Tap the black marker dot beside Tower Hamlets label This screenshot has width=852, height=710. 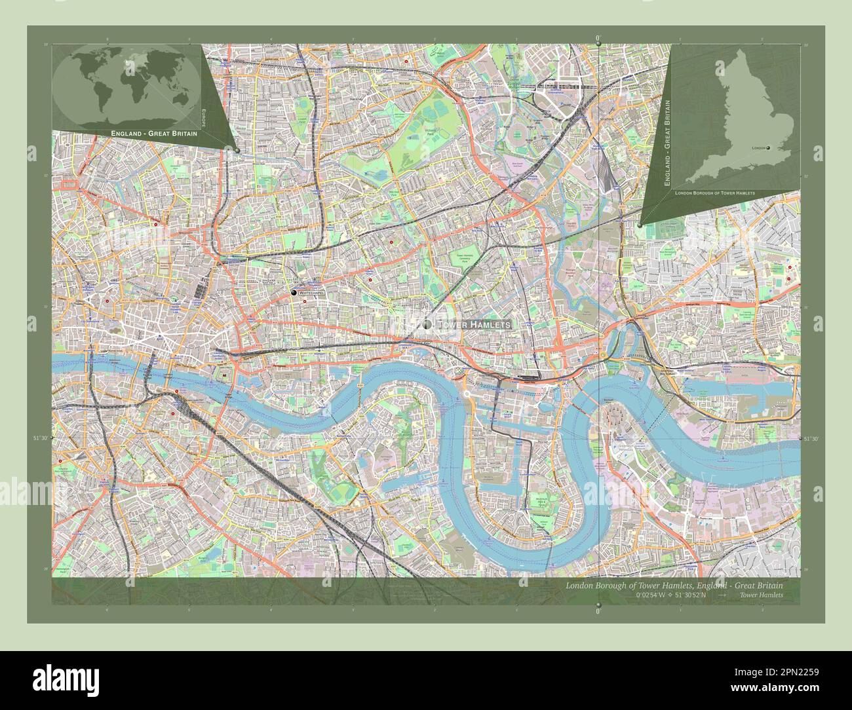[427, 324]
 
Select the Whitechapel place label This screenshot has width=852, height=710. [311, 293]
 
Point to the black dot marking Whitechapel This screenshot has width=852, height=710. [294, 292]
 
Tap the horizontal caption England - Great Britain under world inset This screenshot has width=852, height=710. [154, 133]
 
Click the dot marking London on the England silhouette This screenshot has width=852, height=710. [769, 147]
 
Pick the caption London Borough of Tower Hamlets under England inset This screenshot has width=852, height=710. [714, 194]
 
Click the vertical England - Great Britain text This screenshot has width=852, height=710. [668, 139]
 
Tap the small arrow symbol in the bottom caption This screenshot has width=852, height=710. [722, 595]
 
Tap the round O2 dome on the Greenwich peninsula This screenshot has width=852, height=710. [615, 414]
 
